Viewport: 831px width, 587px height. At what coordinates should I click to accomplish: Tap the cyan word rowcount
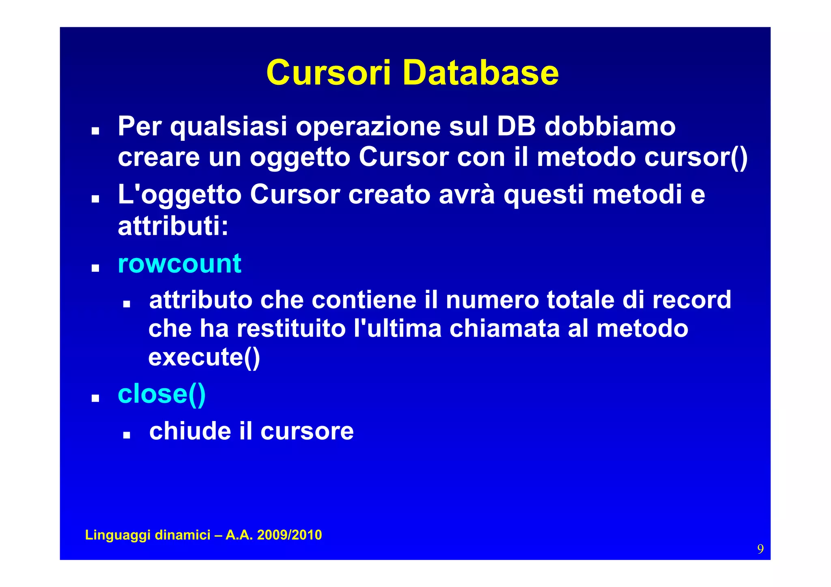(x=179, y=264)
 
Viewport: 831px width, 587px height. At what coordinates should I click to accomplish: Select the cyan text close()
(x=161, y=394)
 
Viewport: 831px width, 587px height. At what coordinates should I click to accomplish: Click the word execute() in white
(x=204, y=357)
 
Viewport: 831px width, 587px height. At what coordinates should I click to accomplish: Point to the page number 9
(x=760, y=549)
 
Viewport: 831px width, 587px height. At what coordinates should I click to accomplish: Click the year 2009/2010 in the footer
(x=289, y=535)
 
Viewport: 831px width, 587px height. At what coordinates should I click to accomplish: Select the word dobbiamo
(x=610, y=126)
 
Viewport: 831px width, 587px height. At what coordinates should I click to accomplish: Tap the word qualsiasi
(x=228, y=127)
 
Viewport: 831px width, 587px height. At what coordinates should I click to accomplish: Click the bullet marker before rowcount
(x=95, y=268)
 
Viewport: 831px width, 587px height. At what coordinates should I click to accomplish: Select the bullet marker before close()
(x=95, y=398)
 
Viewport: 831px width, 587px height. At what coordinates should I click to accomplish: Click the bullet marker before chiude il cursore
(x=127, y=435)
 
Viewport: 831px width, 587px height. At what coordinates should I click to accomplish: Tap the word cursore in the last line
(x=307, y=431)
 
